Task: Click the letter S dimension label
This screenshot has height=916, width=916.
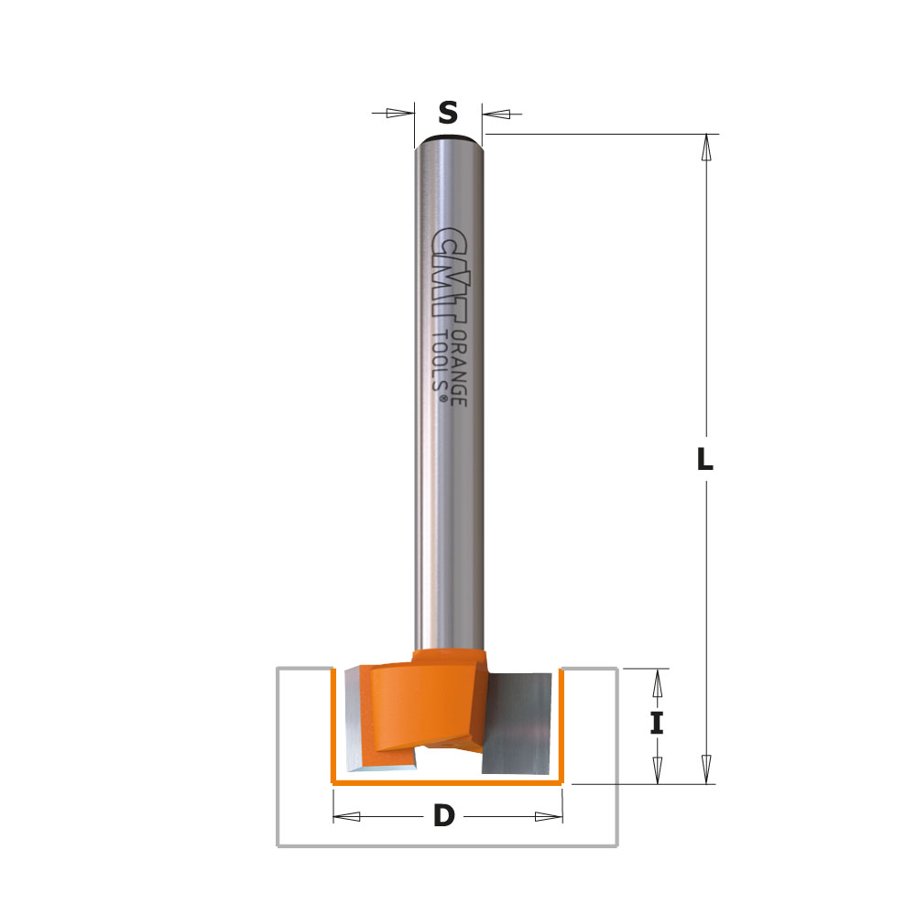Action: pyautogui.click(x=447, y=114)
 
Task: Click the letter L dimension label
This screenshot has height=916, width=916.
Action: pyautogui.click(x=703, y=460)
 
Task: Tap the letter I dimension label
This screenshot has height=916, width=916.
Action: pyautogui.click(x=656, y=724)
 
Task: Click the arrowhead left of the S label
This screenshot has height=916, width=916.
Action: pyautogui.click(x=399, y=114)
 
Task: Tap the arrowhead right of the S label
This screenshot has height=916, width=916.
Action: pyautogui.click(x=496, y=114)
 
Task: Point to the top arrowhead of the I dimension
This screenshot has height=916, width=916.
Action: pyautogui.click(x=656, y=683)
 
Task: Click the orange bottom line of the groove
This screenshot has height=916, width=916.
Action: pyautogui.click(x=447, y=784)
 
